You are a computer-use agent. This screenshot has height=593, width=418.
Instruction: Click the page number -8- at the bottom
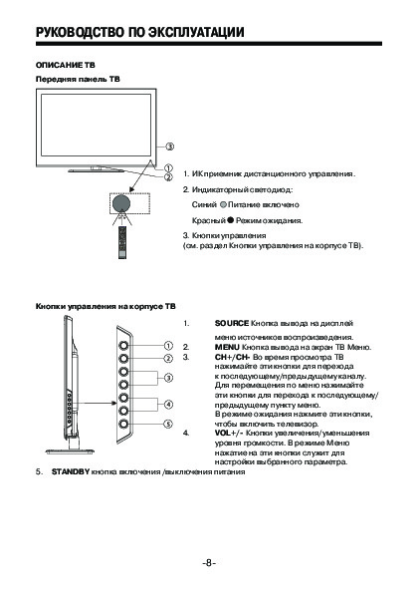[209, 563]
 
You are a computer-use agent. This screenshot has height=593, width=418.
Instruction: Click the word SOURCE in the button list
[232, 323]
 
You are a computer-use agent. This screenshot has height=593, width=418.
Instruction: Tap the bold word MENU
[227, 347]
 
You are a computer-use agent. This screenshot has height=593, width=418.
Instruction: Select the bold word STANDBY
[71, 472]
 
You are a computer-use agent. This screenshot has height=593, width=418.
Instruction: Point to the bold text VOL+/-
[229, 433]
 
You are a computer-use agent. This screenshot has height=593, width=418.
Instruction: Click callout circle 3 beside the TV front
[169, 147]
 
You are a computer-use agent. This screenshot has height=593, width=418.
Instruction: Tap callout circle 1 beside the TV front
[168, 167]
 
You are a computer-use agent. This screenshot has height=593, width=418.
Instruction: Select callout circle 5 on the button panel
[168, 424]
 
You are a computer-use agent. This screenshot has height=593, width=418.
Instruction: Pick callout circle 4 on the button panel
[168, 405]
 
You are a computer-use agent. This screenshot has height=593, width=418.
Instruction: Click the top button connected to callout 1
[123, 345]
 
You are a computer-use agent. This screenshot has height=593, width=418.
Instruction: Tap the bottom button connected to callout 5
[123, 424]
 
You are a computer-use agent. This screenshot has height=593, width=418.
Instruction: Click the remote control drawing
[122, 242]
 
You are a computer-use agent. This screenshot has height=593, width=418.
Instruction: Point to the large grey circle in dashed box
[121, 203]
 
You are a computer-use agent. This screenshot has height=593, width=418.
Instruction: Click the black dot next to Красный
[230, 220]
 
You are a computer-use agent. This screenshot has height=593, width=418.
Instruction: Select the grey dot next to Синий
[223, 204]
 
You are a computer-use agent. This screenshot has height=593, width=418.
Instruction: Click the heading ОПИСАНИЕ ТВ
[66, 65]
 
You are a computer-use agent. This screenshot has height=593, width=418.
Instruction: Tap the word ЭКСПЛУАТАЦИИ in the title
[195, 33]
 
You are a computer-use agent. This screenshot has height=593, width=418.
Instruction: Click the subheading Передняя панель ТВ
[78, 79]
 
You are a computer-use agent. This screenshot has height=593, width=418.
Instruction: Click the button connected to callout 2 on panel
[123, 358]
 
